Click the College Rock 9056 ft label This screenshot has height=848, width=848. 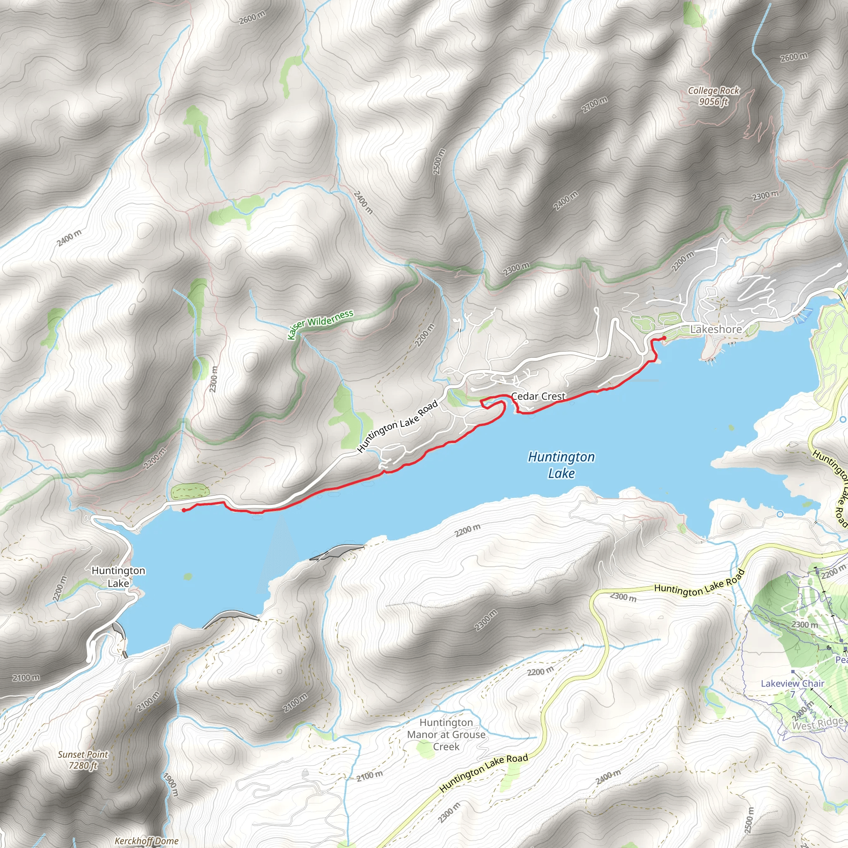pyautogui.click(x=713, y=96)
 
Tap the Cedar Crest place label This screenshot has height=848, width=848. pyautogui.click(x=539, y=396)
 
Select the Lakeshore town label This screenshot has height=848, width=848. pyautogui.click(x=716, y=329)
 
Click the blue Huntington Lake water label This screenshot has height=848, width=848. pyautogui.click(x=561, y=465)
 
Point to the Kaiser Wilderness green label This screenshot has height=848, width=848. pyautogui.click(x=320, y=324)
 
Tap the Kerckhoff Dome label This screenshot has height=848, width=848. pyautogui.click(x=146, y=841)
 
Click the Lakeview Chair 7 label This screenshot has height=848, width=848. pyautogui.click(x=792, y=689)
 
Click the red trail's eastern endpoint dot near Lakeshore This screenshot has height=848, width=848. pyautogui.click(x=664, y=337)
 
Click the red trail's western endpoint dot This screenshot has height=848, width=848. pyautogui.click(x=183, y=510)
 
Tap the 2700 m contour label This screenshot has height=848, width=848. pyautogui.click(x=595, y=105)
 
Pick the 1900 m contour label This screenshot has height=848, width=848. pyautogui.click(x=171, y=784)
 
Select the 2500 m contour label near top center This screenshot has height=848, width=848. pyautogui.click(x=439, y=161)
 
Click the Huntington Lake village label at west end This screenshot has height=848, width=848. pyautogui.click(x=118, y=577)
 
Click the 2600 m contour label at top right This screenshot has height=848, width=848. pyautogui.click(x=794, y=57)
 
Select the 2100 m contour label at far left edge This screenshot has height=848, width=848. pyautogui.click(x=26, y=678)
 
